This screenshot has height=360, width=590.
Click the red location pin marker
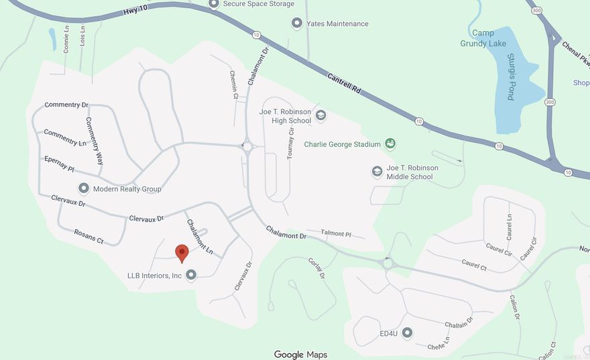coord(182,253)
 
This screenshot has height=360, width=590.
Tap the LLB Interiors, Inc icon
coord(191,275)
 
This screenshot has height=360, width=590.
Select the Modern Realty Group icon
coord(84,188)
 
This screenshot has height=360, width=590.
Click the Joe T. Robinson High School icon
coord(320,116)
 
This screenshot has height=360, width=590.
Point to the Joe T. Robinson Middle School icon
coord(377,172)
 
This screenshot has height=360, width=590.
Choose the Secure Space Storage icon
coord(215,4)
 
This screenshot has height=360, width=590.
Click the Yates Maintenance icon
coord(296,23)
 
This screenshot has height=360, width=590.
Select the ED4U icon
coord(406,333)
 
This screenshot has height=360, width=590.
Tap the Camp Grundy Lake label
coord(483,38)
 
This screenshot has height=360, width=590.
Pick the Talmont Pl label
coord(336,233)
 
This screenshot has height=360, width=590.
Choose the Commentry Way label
coord(94,141)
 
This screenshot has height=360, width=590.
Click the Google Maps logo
coord(300,355)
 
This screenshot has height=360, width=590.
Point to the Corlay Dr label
coord(316,268)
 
